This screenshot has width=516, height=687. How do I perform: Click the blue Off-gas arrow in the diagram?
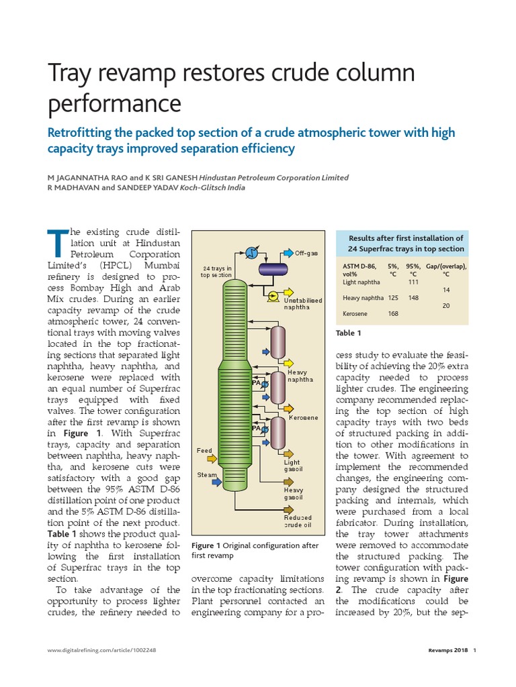tap(288, 252)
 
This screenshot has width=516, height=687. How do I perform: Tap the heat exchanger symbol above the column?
tap(251, 252)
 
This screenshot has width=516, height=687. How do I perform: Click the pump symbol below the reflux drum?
tap(273, 295)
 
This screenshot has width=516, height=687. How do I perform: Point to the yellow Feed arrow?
tap(212, 459)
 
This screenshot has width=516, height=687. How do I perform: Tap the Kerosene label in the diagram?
tap(304, 418)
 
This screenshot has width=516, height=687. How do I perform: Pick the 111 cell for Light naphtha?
tap(413, 282)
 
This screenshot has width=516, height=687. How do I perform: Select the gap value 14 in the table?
tap(445, 290)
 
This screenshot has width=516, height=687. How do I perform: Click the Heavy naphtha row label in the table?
tap(362, 298)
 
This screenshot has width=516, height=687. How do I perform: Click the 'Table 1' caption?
tap(349, 333)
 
